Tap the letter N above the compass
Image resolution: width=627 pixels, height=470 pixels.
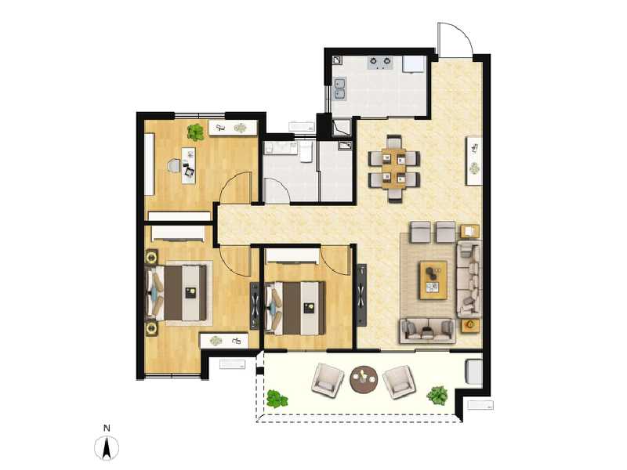click(x=106, y=428)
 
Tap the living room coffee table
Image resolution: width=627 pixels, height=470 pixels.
click(x=433, y=280)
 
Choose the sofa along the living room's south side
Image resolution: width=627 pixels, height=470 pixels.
click(x=427, y=330)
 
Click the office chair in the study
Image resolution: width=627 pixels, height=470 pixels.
click(x=174, y=164)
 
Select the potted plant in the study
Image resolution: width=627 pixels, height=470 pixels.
click(x=195, y=132)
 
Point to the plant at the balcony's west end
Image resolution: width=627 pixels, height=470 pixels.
click(x=276, y=399)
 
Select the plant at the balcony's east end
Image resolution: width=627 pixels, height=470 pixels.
click(x=437, y=396)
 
